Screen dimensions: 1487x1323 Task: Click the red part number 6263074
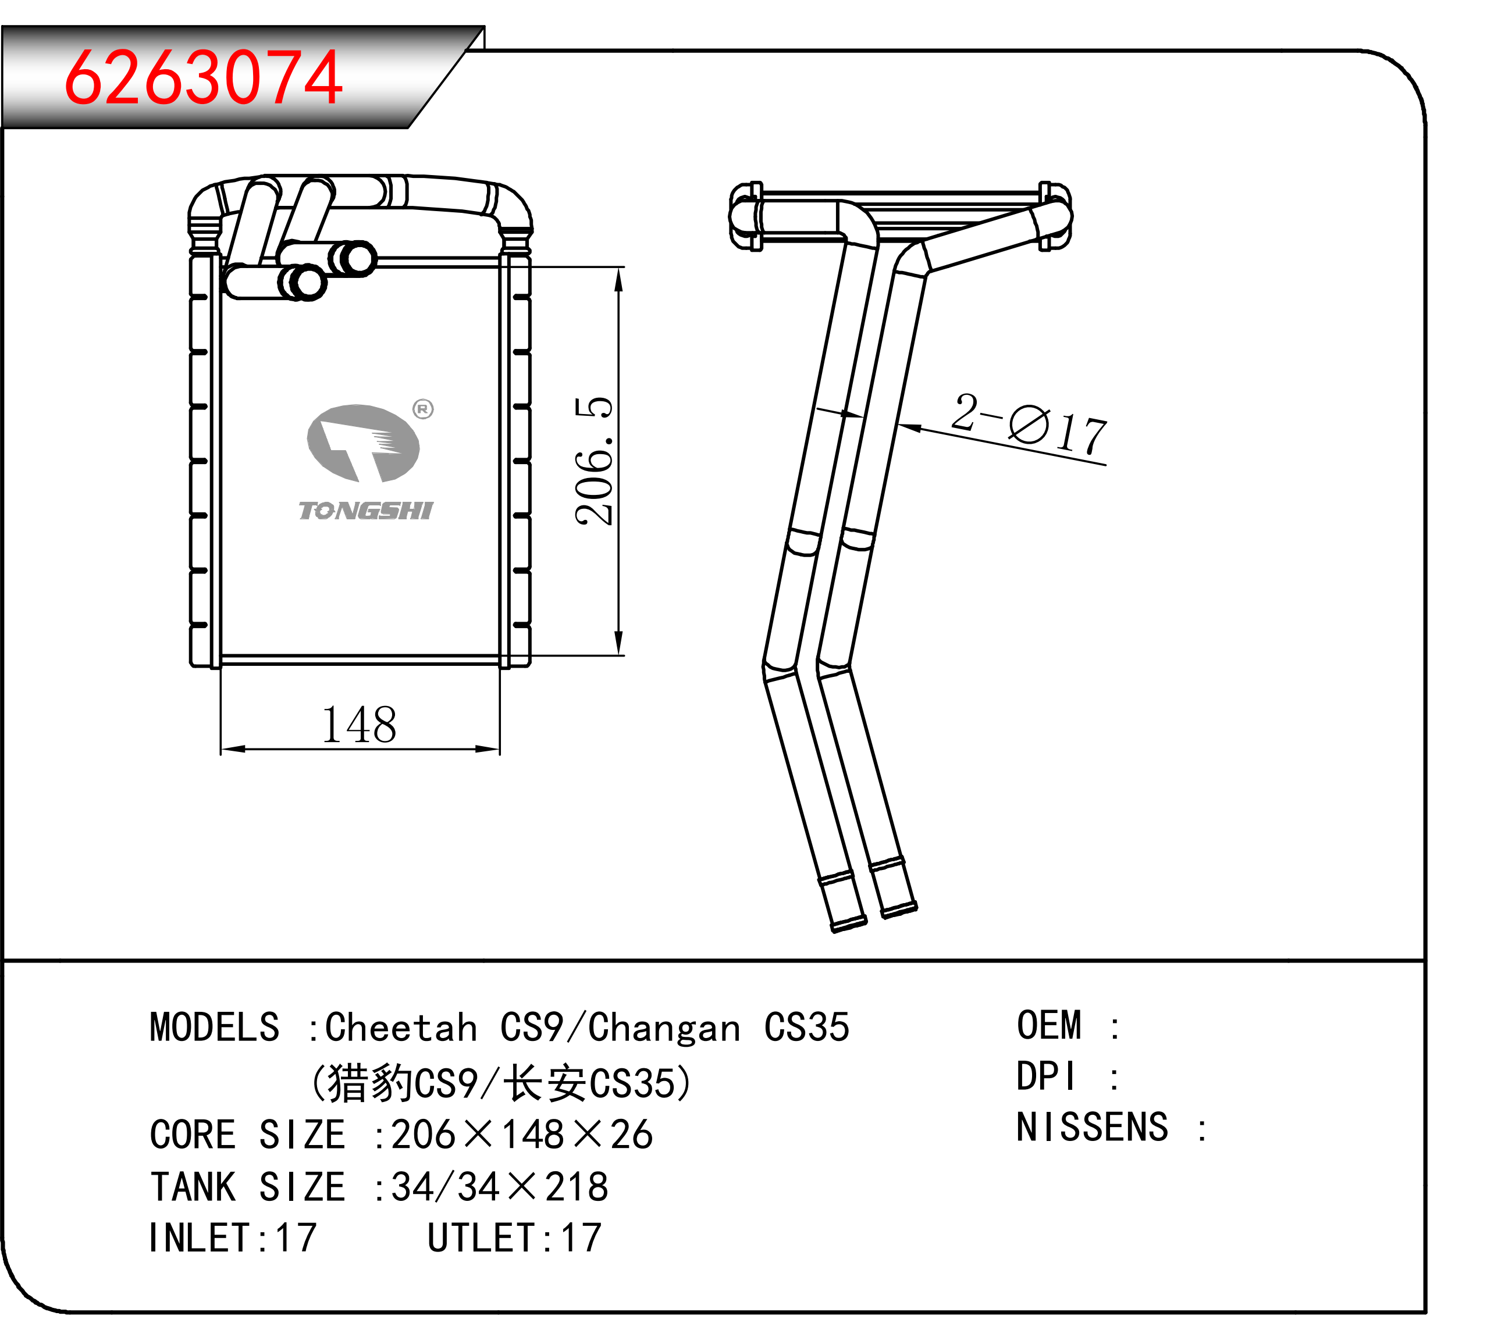pos(203,78)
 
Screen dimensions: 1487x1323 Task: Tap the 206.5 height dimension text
pos(593,461)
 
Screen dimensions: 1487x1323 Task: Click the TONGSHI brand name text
pos(366,511)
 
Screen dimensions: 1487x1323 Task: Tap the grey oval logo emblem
pos(363,444)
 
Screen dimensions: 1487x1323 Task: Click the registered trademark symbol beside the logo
pos(423,409)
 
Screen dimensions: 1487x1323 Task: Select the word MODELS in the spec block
pos(215,1028)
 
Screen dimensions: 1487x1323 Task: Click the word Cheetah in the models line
pos(401,1028)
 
